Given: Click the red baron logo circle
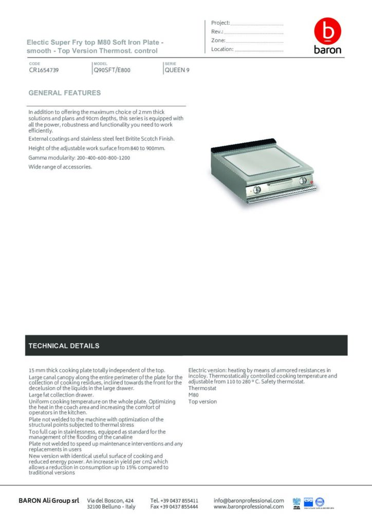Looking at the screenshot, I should [327, 32].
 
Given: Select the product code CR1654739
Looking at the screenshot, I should [44, 70].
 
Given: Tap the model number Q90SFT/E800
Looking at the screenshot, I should [112, 70].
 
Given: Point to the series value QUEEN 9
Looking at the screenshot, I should [177, 70].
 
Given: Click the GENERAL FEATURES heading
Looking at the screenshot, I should [65, 93].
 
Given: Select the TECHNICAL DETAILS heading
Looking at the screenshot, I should [64, 346].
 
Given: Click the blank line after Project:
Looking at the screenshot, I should [257, 24].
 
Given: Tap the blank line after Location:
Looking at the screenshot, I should [259, 50].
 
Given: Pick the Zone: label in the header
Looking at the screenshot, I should [218, 40].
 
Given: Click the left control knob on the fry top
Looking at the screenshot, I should [257, 189].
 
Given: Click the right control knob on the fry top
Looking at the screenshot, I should [303, 180].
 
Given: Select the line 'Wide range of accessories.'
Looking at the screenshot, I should [61, 167].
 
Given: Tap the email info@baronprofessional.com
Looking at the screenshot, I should [249, 500].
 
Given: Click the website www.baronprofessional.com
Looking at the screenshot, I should [249, 506].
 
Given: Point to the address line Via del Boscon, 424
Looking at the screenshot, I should [111, 500].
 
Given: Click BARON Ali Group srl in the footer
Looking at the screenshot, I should [49, 500].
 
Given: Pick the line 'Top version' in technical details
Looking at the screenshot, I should [202, 402].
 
